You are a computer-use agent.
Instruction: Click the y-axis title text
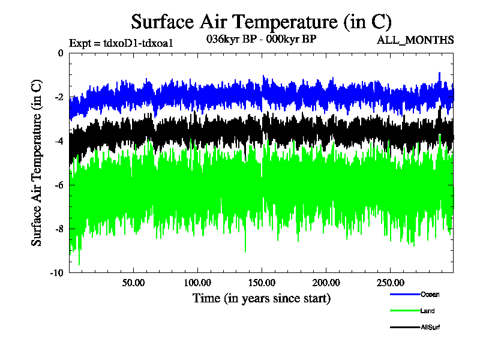37,162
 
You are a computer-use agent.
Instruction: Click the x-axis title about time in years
261,298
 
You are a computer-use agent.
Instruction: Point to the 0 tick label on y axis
60,53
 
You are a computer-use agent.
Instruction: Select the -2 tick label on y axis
58,97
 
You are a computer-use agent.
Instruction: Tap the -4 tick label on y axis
58,141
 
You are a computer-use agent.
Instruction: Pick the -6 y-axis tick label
58,185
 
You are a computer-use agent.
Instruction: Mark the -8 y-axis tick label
58,229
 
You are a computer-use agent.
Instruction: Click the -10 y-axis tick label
56,273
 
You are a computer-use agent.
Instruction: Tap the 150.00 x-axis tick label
261,283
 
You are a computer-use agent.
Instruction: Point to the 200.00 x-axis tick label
325,283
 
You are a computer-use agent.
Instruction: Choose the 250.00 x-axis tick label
389,283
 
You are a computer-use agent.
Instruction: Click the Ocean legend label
430,294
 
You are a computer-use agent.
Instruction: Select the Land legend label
428,311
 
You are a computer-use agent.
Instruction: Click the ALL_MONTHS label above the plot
415,40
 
